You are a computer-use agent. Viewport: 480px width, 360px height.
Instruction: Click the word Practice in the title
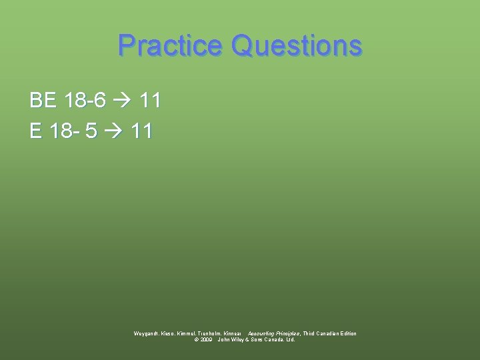[x=170, y=45]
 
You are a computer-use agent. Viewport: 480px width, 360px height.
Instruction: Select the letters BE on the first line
[x=43, y=101]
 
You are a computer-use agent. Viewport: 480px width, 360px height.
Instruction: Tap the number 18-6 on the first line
[x=85, y=101]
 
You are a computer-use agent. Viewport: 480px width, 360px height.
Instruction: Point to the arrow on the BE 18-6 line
[x=123, y=101]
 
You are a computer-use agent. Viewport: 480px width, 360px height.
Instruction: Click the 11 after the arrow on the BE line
[x=150, y=101]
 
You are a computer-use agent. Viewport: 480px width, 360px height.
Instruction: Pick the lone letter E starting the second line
[x=36, y=130]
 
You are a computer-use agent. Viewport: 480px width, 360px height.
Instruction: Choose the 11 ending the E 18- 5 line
[x=141, y=130]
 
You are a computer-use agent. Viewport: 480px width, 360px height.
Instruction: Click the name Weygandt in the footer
[x=147, y=333]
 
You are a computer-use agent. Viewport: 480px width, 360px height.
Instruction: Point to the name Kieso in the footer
[x=170, y=333]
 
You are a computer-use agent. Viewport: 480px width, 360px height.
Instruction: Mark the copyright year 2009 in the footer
[x=205, y=339]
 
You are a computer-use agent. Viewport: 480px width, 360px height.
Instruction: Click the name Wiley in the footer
[x=237, y=339]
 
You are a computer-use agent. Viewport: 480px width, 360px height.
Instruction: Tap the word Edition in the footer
[x=345, y=333]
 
